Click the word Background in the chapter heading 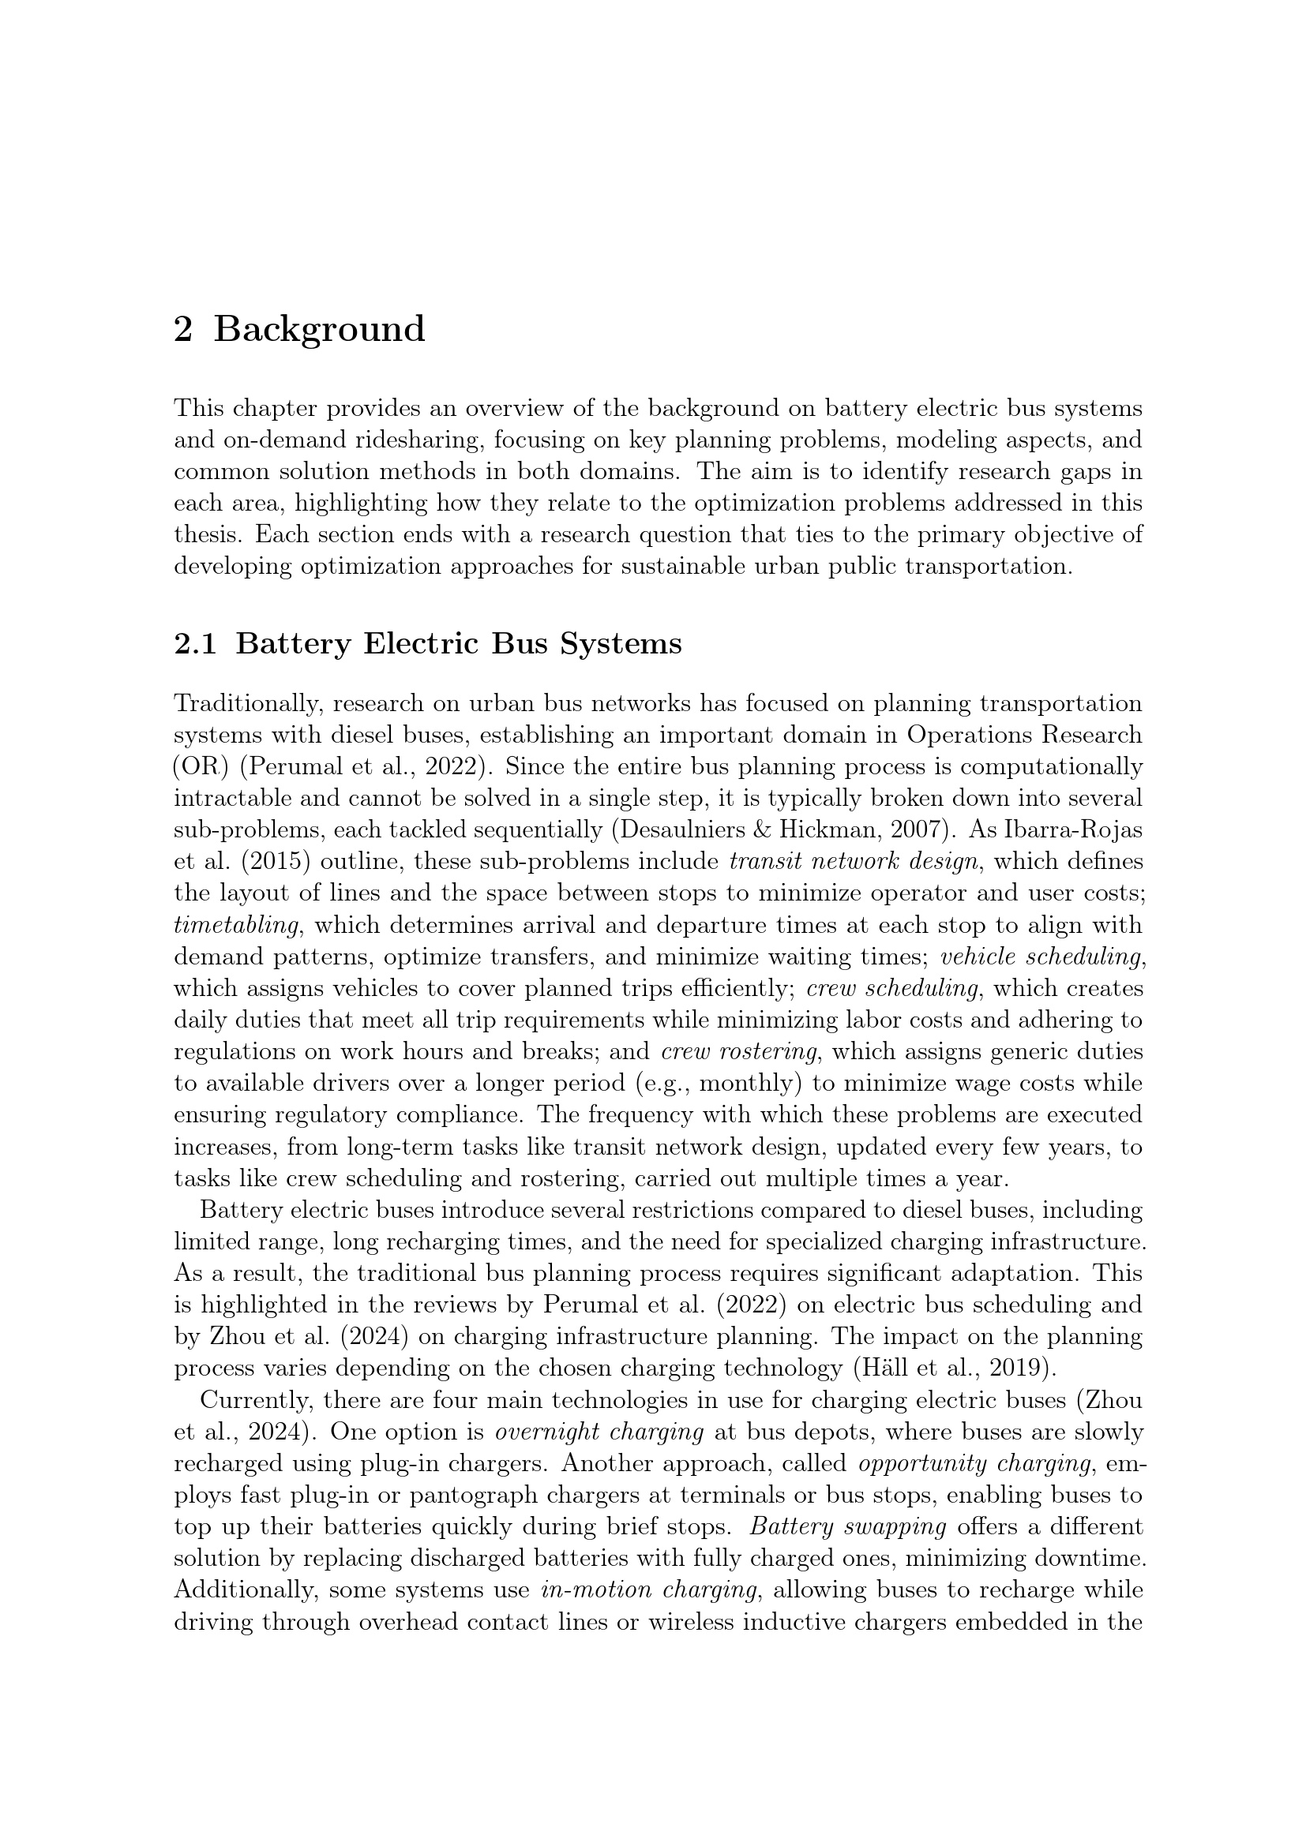tap(318, 330)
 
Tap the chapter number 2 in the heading tap(183, 330)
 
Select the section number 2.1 tap(194, 644)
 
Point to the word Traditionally tap(246, 703)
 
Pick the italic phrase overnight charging tap(599, 1432)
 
